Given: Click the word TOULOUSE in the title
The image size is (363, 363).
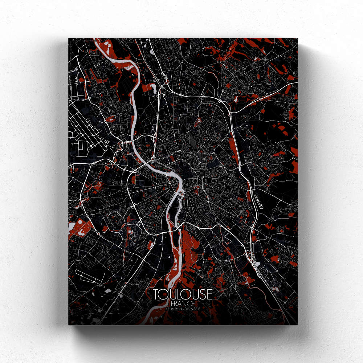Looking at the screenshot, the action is [x=183, y=294].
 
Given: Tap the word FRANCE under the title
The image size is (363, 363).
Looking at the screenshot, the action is [x=183, y=303].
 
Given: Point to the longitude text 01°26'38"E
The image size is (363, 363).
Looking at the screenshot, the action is [x=192, y=309].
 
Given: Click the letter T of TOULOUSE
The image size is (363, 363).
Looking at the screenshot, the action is [x=156, y=294].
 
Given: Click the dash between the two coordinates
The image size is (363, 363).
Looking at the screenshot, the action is [x=183, y=309].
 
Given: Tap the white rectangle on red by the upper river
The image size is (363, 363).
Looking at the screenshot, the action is [x=152, y=87].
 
